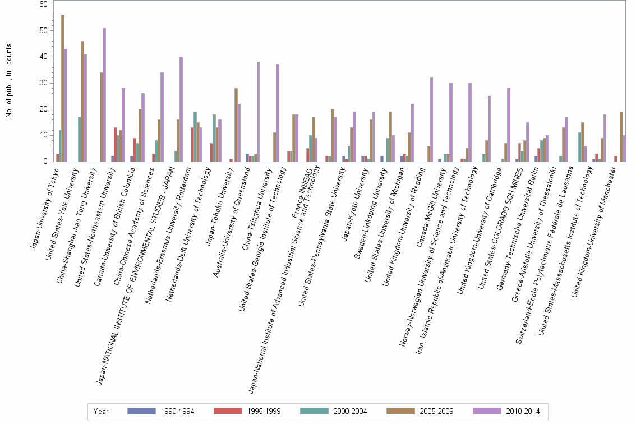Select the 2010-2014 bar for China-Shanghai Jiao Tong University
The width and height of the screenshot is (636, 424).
pyautogui.click(x=104, y=95)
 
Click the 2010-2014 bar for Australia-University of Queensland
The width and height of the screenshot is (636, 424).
pyautogui.click(x=258, y=112)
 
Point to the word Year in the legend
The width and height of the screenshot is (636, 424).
pyautogui.click(x=102, y=411)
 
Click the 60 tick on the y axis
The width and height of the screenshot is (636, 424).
pyautogui.click(x=43, y=4)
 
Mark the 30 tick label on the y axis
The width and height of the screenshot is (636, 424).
pyautogui.click(x=43, y=82)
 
